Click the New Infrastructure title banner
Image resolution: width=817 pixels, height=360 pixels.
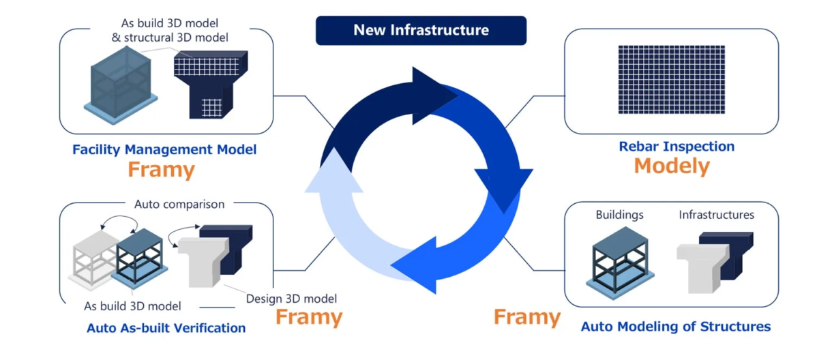(x=421, y=31)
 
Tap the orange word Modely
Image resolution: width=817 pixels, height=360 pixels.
(x=672, y=166)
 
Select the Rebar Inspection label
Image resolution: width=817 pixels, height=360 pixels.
(x=677, y=146)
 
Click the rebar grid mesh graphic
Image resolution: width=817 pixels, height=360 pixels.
(x=671, y=79)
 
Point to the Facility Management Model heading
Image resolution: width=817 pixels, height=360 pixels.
(x=164, y=149)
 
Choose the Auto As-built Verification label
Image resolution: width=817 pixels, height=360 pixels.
(x=166, y=328)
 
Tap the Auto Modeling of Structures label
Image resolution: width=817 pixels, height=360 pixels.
(x=675, y=327)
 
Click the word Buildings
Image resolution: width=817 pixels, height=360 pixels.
(x=619, y=215)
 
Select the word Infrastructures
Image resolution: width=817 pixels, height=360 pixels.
(x=716, y=215)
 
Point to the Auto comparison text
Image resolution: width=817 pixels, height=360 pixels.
(x=179, y=204)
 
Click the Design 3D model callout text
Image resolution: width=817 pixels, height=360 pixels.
(x=291, y=298)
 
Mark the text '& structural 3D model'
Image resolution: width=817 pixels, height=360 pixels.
(x=170, y=37)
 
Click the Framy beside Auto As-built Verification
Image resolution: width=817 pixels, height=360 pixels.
(x=308, y=317)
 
